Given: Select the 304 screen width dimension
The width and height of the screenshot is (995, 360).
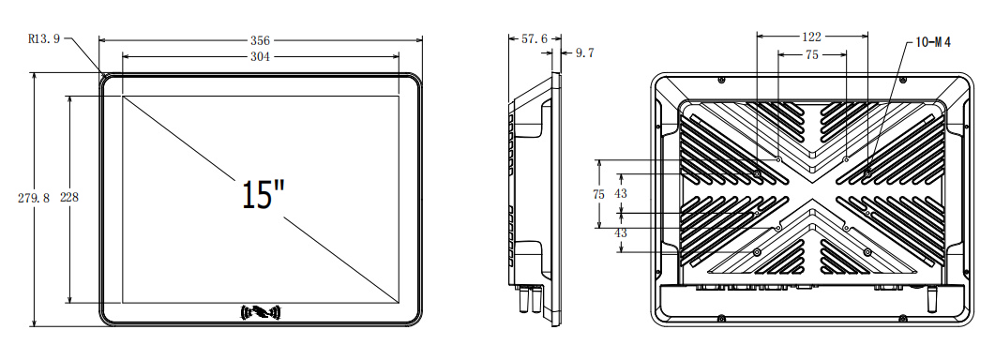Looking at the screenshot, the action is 260,56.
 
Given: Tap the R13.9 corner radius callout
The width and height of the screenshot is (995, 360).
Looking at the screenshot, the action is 44,38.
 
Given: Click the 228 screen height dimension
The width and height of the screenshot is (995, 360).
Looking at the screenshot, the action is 69,198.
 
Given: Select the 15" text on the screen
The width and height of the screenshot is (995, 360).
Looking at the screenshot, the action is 264,194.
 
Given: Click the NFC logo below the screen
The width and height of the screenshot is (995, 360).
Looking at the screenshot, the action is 261,312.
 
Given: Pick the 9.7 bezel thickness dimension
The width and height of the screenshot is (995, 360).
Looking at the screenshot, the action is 584,53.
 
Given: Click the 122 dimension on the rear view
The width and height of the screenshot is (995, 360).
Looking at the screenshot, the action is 812,37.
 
